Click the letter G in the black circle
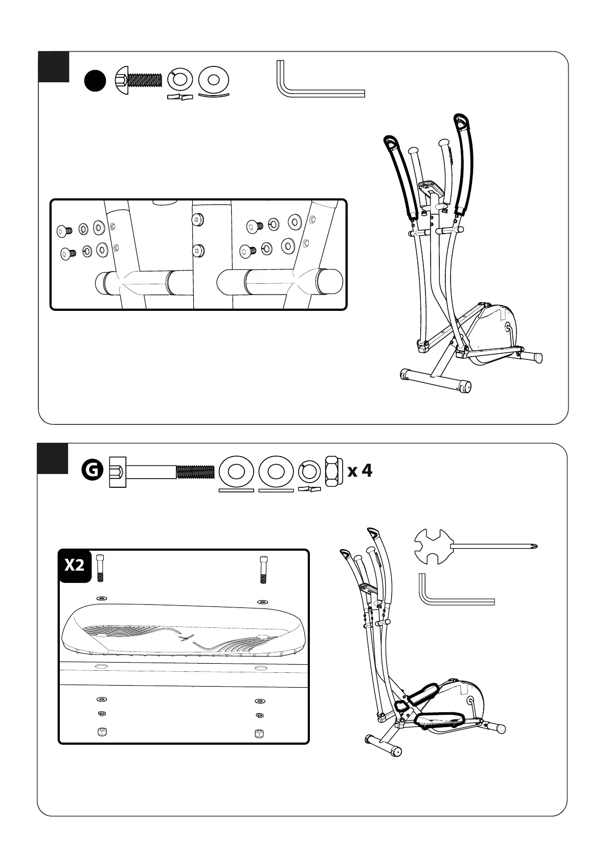(92, 470)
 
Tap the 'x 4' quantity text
(360, 470)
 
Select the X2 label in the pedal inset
(75, 565)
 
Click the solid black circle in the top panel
(95, 81)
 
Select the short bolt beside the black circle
(138, 80)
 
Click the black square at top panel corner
(54, 66)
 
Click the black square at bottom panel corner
(53, 458)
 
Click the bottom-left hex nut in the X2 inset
(101, 731)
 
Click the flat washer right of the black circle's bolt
(213, 80)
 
